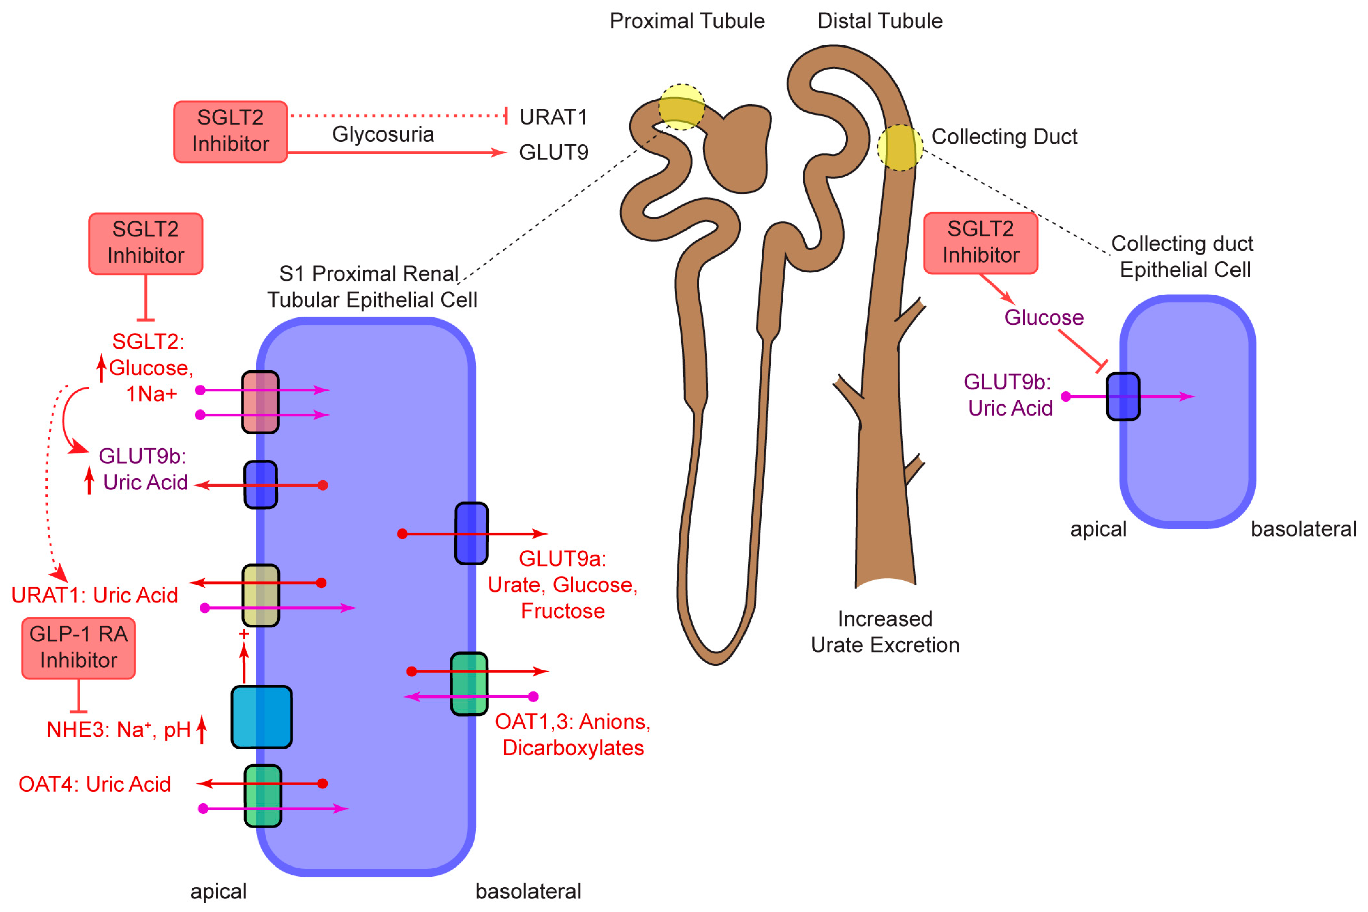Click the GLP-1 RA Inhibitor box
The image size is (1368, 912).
(x=79, y=648)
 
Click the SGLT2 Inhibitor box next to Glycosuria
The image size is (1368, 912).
(x=230, y=131)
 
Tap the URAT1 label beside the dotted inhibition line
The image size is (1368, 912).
(x=553, y=117)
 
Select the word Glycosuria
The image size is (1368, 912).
(x=383, y=134)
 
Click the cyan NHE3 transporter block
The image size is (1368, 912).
(x=261, y=717)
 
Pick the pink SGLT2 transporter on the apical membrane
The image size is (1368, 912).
(x=260, y=402)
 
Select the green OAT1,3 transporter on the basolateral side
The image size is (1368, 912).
(x=469, y=684)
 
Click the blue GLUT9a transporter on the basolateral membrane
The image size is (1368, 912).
(x=471, y=534)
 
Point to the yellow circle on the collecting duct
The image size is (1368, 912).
(x=900, y=147)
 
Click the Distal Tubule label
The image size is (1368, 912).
(x=879, y=21)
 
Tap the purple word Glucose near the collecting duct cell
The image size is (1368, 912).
(x=1043, y=317)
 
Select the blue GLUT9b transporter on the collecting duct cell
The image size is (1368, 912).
(x=1123, y=396)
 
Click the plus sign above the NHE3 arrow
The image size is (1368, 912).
(x=244, y=634)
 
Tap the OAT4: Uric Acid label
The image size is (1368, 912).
(x=94, y=784)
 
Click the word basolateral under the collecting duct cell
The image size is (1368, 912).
(x=1303, y=529)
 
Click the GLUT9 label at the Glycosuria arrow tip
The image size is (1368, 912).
(x=553, y=152)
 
